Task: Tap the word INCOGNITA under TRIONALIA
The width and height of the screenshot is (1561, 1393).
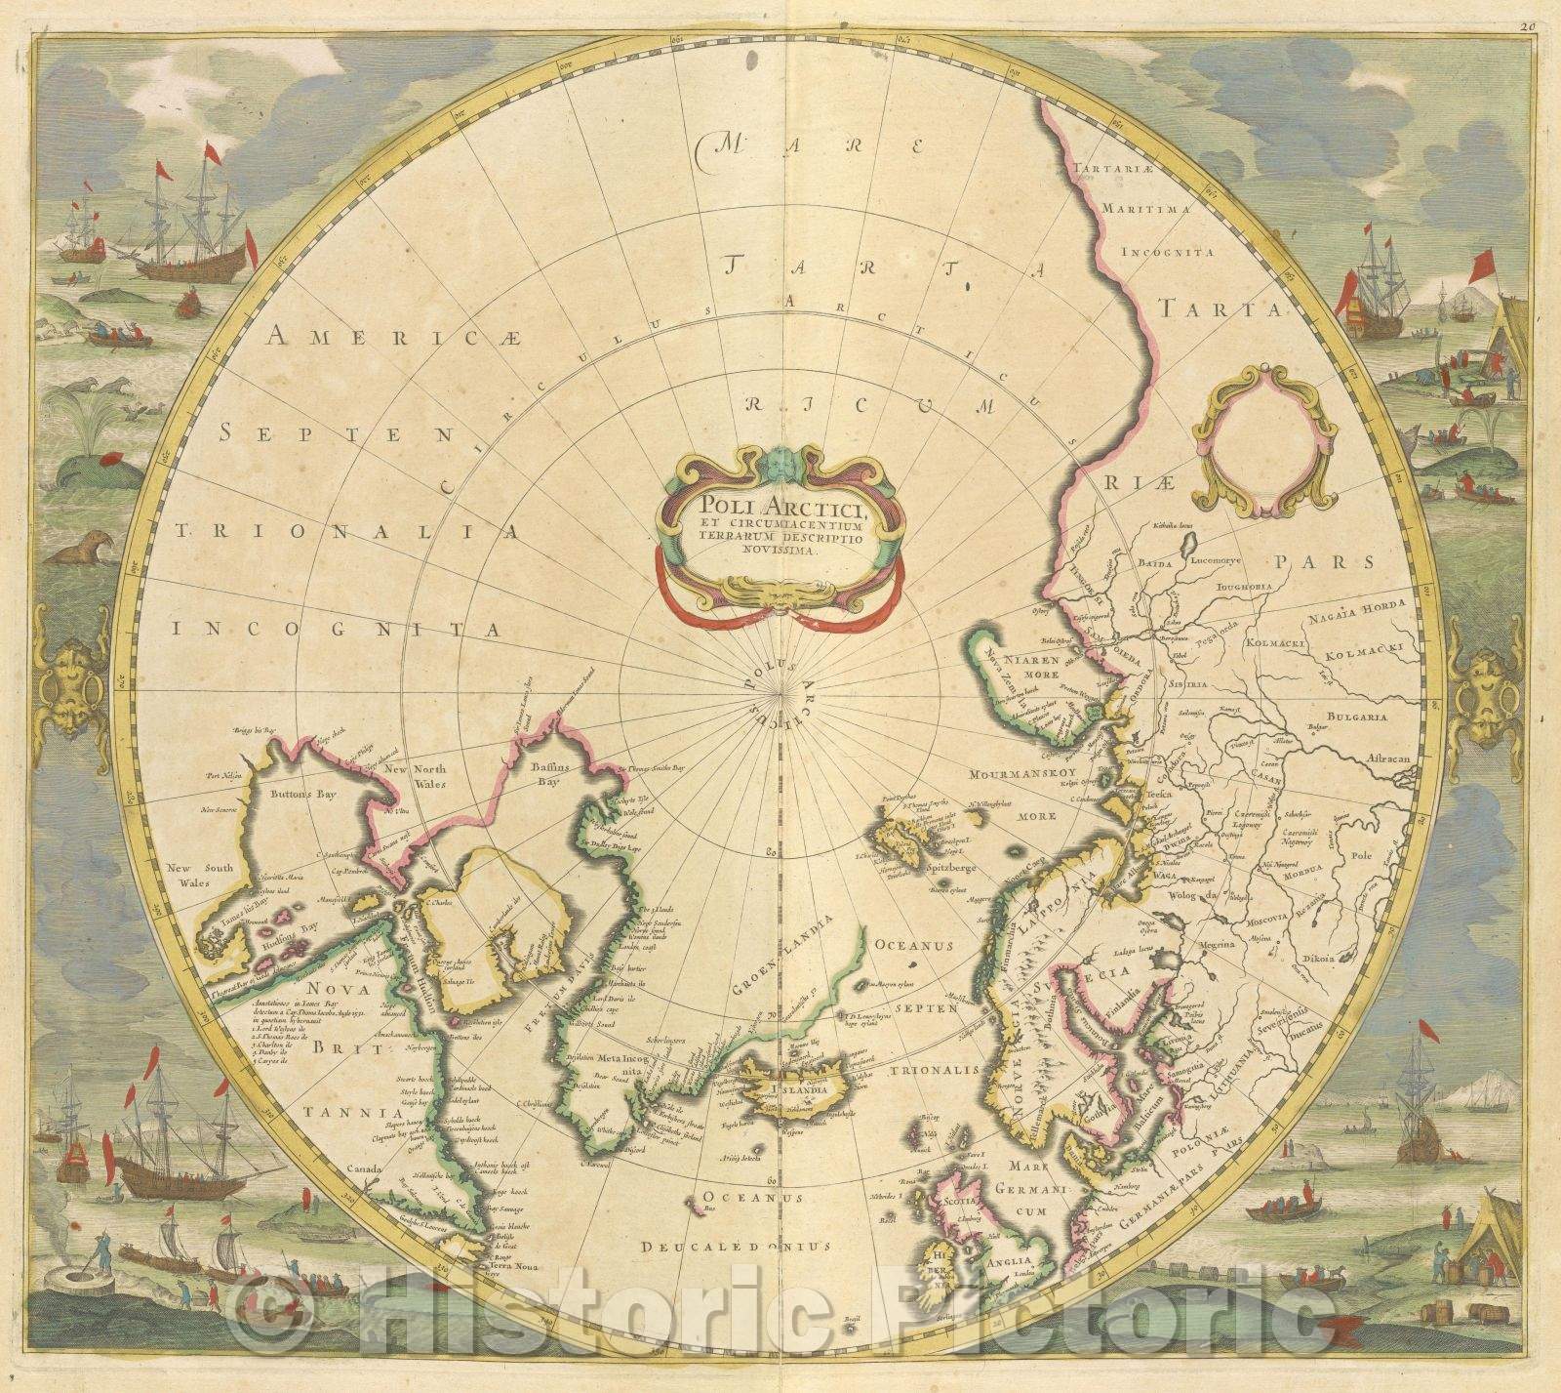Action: pyautogui.click(x=332, y=630)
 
